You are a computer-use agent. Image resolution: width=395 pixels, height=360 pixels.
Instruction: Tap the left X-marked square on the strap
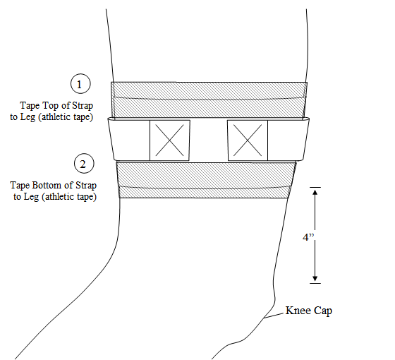click(x=170, y=139)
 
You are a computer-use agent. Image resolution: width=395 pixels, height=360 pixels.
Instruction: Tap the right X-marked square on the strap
click(x=247, y=139)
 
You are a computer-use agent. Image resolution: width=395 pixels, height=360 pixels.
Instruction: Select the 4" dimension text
click(x=308, y=238)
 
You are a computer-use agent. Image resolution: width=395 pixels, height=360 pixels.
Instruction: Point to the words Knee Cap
click(x=308, y=311)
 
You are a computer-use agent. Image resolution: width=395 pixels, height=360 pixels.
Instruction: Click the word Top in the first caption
click(x=66, y=105)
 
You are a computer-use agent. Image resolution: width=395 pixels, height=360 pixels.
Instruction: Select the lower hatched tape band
click(x=205, y=180)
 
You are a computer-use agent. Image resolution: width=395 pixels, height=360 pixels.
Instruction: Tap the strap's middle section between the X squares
click(x=209, y=139)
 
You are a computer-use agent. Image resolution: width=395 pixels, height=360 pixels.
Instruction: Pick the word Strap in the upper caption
click(x=99, y=105)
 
